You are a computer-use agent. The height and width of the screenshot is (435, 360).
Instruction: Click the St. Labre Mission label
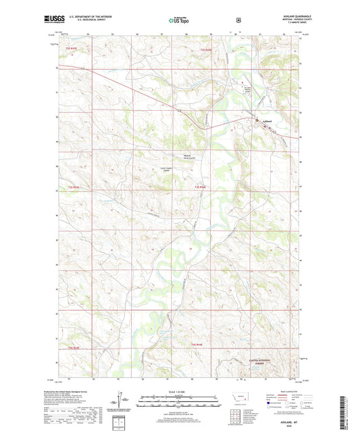[248, 89]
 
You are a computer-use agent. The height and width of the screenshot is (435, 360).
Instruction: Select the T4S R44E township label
[197, 345]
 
